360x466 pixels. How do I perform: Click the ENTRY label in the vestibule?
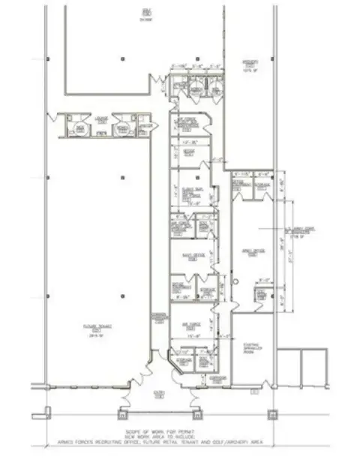click(160, 392)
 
